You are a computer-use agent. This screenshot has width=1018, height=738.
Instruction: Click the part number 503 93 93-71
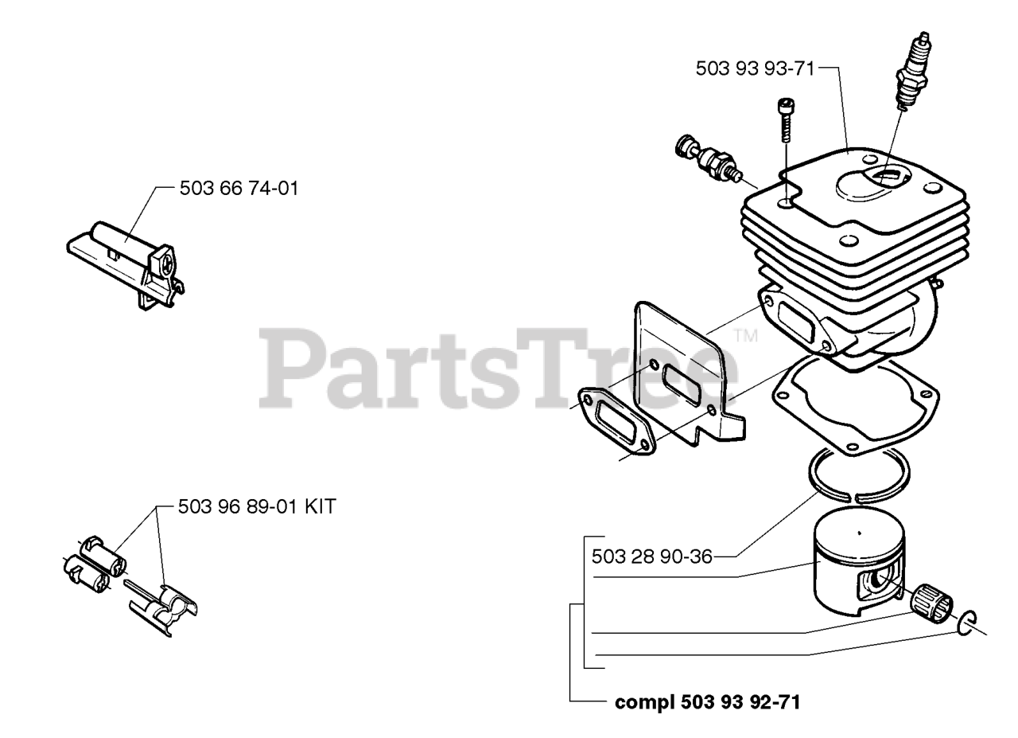755,68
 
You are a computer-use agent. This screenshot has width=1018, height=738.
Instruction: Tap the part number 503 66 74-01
239,189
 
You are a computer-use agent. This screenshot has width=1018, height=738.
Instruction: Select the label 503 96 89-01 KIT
257,506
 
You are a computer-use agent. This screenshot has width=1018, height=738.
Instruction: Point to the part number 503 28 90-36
652,556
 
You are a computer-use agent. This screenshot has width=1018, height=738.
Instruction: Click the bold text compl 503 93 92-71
707,702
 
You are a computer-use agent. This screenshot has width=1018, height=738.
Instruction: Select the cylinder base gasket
854,405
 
